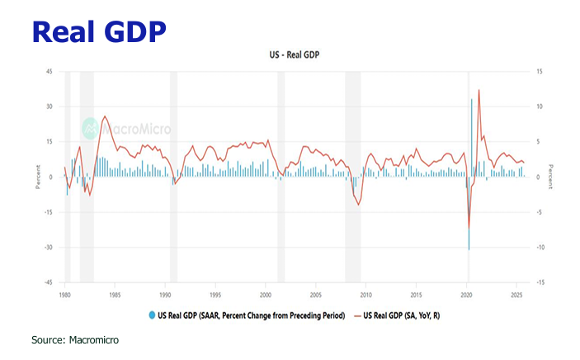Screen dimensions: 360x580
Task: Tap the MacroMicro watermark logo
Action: point(116,130)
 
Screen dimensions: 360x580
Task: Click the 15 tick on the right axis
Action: point(539,72)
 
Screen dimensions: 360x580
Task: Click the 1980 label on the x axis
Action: point(65,293)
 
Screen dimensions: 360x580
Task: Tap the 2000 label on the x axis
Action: point(266,293)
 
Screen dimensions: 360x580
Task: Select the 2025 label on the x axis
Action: point(516,293)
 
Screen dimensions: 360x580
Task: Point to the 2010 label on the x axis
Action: point(365,293)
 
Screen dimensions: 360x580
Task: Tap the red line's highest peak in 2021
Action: point(479,90)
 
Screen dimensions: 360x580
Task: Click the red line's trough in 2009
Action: point(359,206)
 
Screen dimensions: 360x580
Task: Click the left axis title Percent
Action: point(38,177)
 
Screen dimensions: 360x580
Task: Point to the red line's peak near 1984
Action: point(104,116)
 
